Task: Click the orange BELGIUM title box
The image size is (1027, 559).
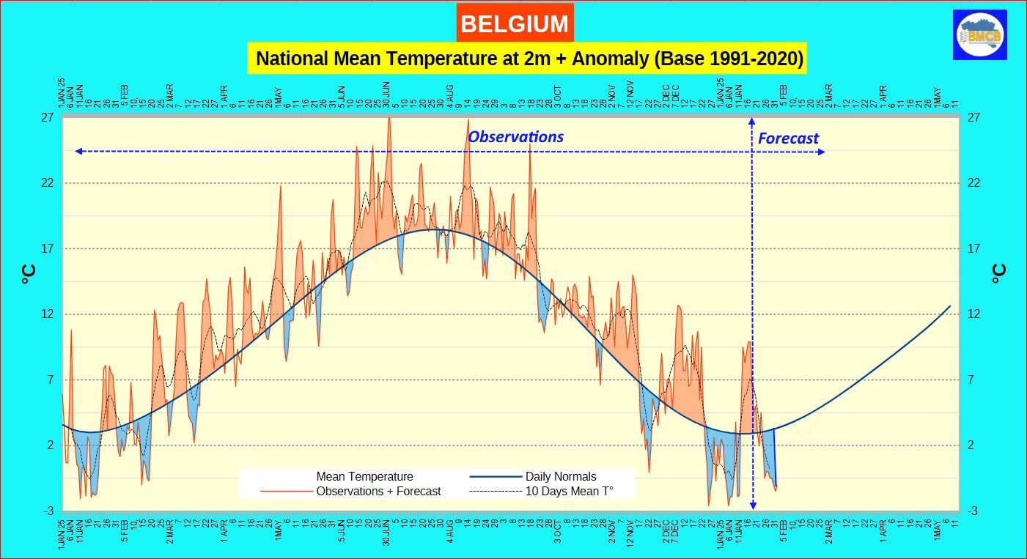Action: click(515, 23)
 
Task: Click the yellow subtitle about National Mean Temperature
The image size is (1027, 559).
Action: click(526, 58)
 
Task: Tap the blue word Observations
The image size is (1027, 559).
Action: click(515, 136)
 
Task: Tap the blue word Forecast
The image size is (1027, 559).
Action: click(788, 138)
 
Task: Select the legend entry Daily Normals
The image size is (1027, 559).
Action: click(561, 476)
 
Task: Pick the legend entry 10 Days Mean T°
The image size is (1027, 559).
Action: click(569, 491)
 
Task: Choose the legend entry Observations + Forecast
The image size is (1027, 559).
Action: click(378, 491)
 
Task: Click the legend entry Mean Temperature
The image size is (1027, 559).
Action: click(364, 476)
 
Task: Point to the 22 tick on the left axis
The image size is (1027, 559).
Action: click(50, 183)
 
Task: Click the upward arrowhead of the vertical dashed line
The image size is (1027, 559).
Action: click(752, 120)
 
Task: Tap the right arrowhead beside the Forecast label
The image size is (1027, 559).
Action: click(822, 152)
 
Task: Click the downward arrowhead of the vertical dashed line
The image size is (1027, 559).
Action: click(752, 506)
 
